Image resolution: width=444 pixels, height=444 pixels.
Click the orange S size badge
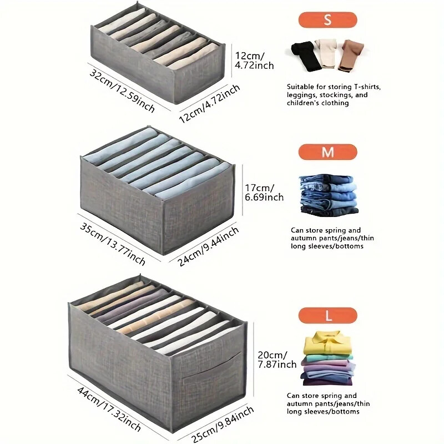click(x=327, y=20)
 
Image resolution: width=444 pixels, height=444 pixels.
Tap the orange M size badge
click(x=327, y=152)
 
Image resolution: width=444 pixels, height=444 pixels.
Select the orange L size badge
click(x=327, y=315)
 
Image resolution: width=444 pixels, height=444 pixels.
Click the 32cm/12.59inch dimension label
click(x=122, y=90)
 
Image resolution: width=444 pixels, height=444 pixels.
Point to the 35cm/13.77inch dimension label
click(x=113, y=244)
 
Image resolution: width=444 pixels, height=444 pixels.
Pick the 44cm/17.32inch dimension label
click(x=109, y=408)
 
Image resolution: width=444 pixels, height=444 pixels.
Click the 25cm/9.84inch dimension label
click(x=223, y=424)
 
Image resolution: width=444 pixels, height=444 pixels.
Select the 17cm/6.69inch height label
click(x=264, y=192)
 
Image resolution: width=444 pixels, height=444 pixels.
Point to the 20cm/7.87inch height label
click(x=277, y=359)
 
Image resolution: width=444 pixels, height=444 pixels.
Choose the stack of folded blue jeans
click(x=328, y=195)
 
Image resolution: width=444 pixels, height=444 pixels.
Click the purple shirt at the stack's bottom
click(x=327, y=381)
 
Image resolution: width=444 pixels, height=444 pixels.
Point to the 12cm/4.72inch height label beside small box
click(x=254, y=60)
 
